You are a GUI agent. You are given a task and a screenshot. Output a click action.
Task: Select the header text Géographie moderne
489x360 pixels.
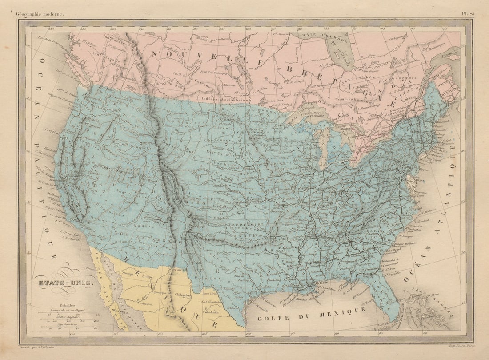pos(40,14)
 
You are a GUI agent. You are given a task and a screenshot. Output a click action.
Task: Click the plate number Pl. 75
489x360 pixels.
pos(468,14)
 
